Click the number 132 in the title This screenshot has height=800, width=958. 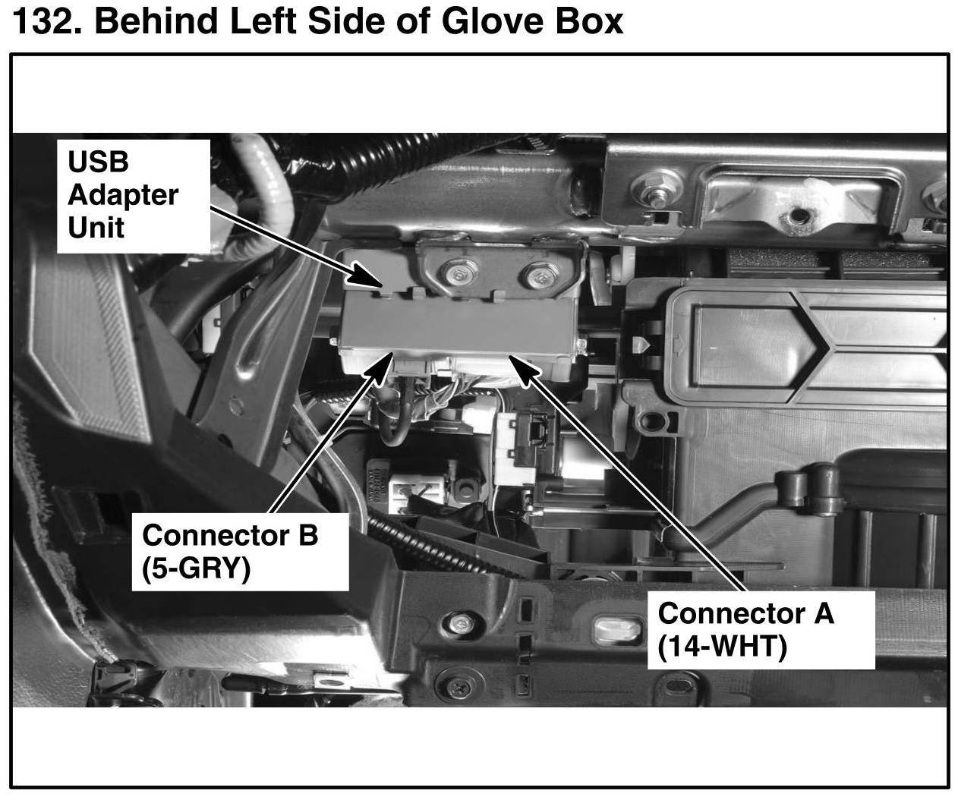[x=43, y=22]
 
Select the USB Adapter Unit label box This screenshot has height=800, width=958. [x=134, y=195]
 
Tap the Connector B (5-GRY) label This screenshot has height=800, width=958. [x=240, y=552]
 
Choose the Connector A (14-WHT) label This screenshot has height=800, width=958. [x=760, y=629]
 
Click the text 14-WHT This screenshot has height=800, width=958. [x=723, y=647]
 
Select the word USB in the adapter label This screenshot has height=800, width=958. [x=98, y=162]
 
